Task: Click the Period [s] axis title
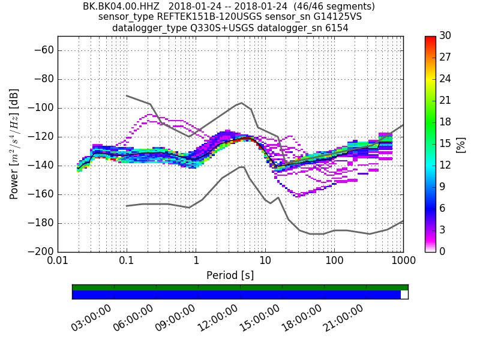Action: pyautogui.click(x=230, y=275)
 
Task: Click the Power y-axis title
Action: pyautogui.click(x=14, y=144)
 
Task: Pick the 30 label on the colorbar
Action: pyautogui.click(x=445, y=36)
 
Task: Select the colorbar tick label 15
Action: pyautogui.click(x=445, y=143)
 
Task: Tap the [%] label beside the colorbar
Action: pyautogui.click(x=461, y=144)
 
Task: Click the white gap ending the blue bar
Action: pyautogui.click(x=404, y=295)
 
